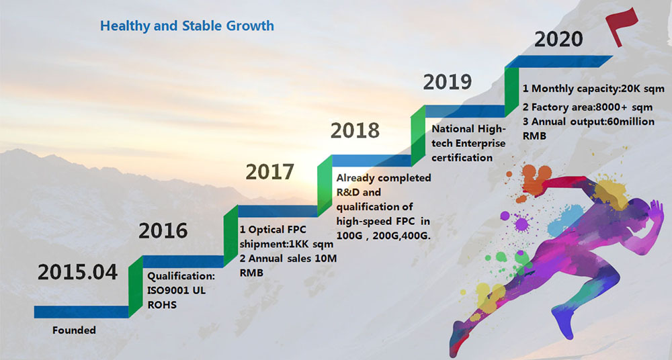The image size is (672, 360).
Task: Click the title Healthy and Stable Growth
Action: pos(187,26)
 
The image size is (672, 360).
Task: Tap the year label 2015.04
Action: pos(77,272)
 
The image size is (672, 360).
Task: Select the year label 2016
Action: pos(163,230)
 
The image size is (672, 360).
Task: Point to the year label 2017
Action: pos(269,172)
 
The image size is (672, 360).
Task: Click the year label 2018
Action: pos(355,130)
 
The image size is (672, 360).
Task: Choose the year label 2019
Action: pos(448,82)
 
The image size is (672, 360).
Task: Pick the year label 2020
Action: pos(558,40)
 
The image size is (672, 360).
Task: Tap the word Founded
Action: pos(74,330)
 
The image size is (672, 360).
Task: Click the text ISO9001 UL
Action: pos(177,290)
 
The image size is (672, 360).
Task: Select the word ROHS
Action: pos(162,305)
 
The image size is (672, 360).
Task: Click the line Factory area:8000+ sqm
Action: pos(592,107)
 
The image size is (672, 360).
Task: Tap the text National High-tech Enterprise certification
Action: pos(468,143)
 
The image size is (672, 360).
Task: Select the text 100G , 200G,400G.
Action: pos(383,236)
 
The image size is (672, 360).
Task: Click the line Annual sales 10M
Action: pos(292,259)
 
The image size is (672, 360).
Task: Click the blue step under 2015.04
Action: pos(81,312)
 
